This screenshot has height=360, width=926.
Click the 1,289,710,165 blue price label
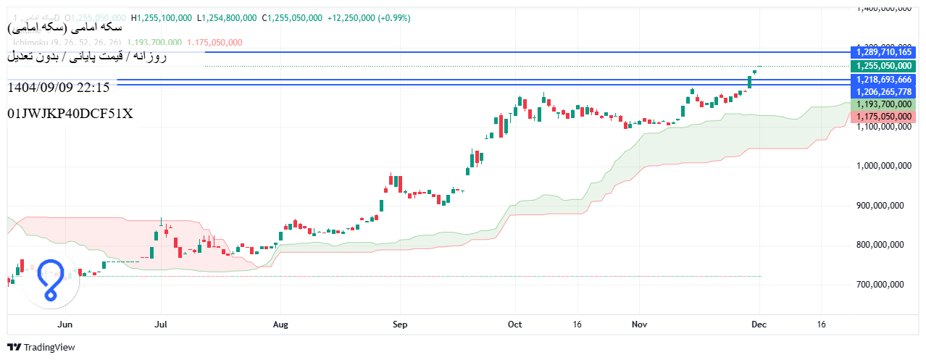tap(883, 52)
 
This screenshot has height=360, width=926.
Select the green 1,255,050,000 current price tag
tap(883, 65)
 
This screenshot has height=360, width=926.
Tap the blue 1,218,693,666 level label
tap(883, 79)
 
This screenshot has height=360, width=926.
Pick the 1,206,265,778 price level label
tap(883, 91)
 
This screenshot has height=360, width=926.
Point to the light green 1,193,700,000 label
tap(883, 104)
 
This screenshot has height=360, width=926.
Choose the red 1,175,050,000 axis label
tap(883, 116)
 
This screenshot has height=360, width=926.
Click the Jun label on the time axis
tap(65, 324)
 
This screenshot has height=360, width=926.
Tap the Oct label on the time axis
tap(515, 324)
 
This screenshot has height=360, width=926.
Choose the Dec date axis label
tap(759, 324)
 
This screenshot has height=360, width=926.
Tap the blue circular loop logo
tap(51, 280)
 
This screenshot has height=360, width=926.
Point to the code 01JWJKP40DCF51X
tap(70, 114)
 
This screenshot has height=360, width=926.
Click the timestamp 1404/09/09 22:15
tap(58, 88)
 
